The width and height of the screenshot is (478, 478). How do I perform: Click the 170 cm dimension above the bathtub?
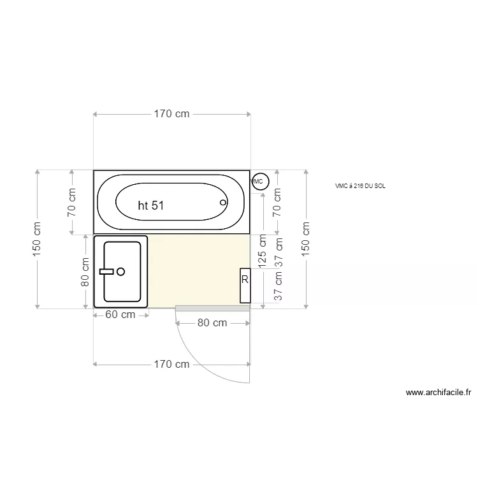(x=171, y=114)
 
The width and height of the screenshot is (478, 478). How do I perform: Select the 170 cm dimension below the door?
(x=171, y=365)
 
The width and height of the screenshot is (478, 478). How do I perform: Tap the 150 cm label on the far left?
(x=38, y=239)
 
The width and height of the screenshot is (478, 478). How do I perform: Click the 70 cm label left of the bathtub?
(x=72, y=202)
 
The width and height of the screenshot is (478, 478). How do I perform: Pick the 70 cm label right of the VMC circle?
(x=277, y=202)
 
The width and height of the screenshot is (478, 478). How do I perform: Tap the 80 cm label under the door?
(x=212, y=323)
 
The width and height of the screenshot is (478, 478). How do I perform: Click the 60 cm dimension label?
(x=119, y=315)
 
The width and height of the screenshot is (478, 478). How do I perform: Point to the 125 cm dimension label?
(x=263, y=253)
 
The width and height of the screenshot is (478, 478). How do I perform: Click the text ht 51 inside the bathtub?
(x=151, y=205)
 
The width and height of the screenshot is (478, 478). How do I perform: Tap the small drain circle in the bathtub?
(x=223, y=203)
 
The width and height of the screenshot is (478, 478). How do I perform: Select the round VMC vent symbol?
(x=259, y=181)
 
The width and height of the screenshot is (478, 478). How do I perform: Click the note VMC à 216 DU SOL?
(x=360, y=186)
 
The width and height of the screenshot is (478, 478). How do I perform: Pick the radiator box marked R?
(x=245, y=286)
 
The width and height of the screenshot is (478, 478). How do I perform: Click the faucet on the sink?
(x=107, y=272)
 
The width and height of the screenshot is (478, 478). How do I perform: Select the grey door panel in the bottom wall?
(x=212, y=308)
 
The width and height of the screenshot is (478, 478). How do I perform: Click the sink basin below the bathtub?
(x=122, y=271)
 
